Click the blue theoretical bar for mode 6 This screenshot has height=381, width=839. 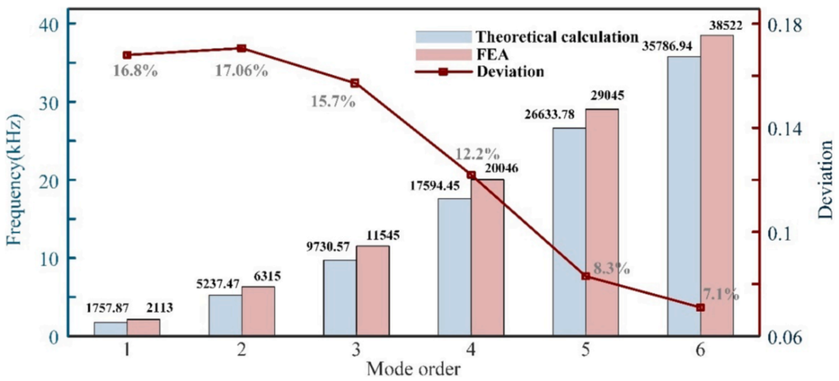pos(684,197)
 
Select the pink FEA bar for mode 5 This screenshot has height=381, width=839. pos(602,223)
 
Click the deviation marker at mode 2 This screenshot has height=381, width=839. pos(241,49)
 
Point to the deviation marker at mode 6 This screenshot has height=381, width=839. pos(700,307)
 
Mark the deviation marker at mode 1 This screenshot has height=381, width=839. pos(126,55)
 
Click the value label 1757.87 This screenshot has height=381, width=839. pos(110,308)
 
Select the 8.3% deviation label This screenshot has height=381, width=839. pos(612,268)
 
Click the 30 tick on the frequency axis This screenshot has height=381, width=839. pos(51,102)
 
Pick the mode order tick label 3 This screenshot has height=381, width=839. pos(356,350)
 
